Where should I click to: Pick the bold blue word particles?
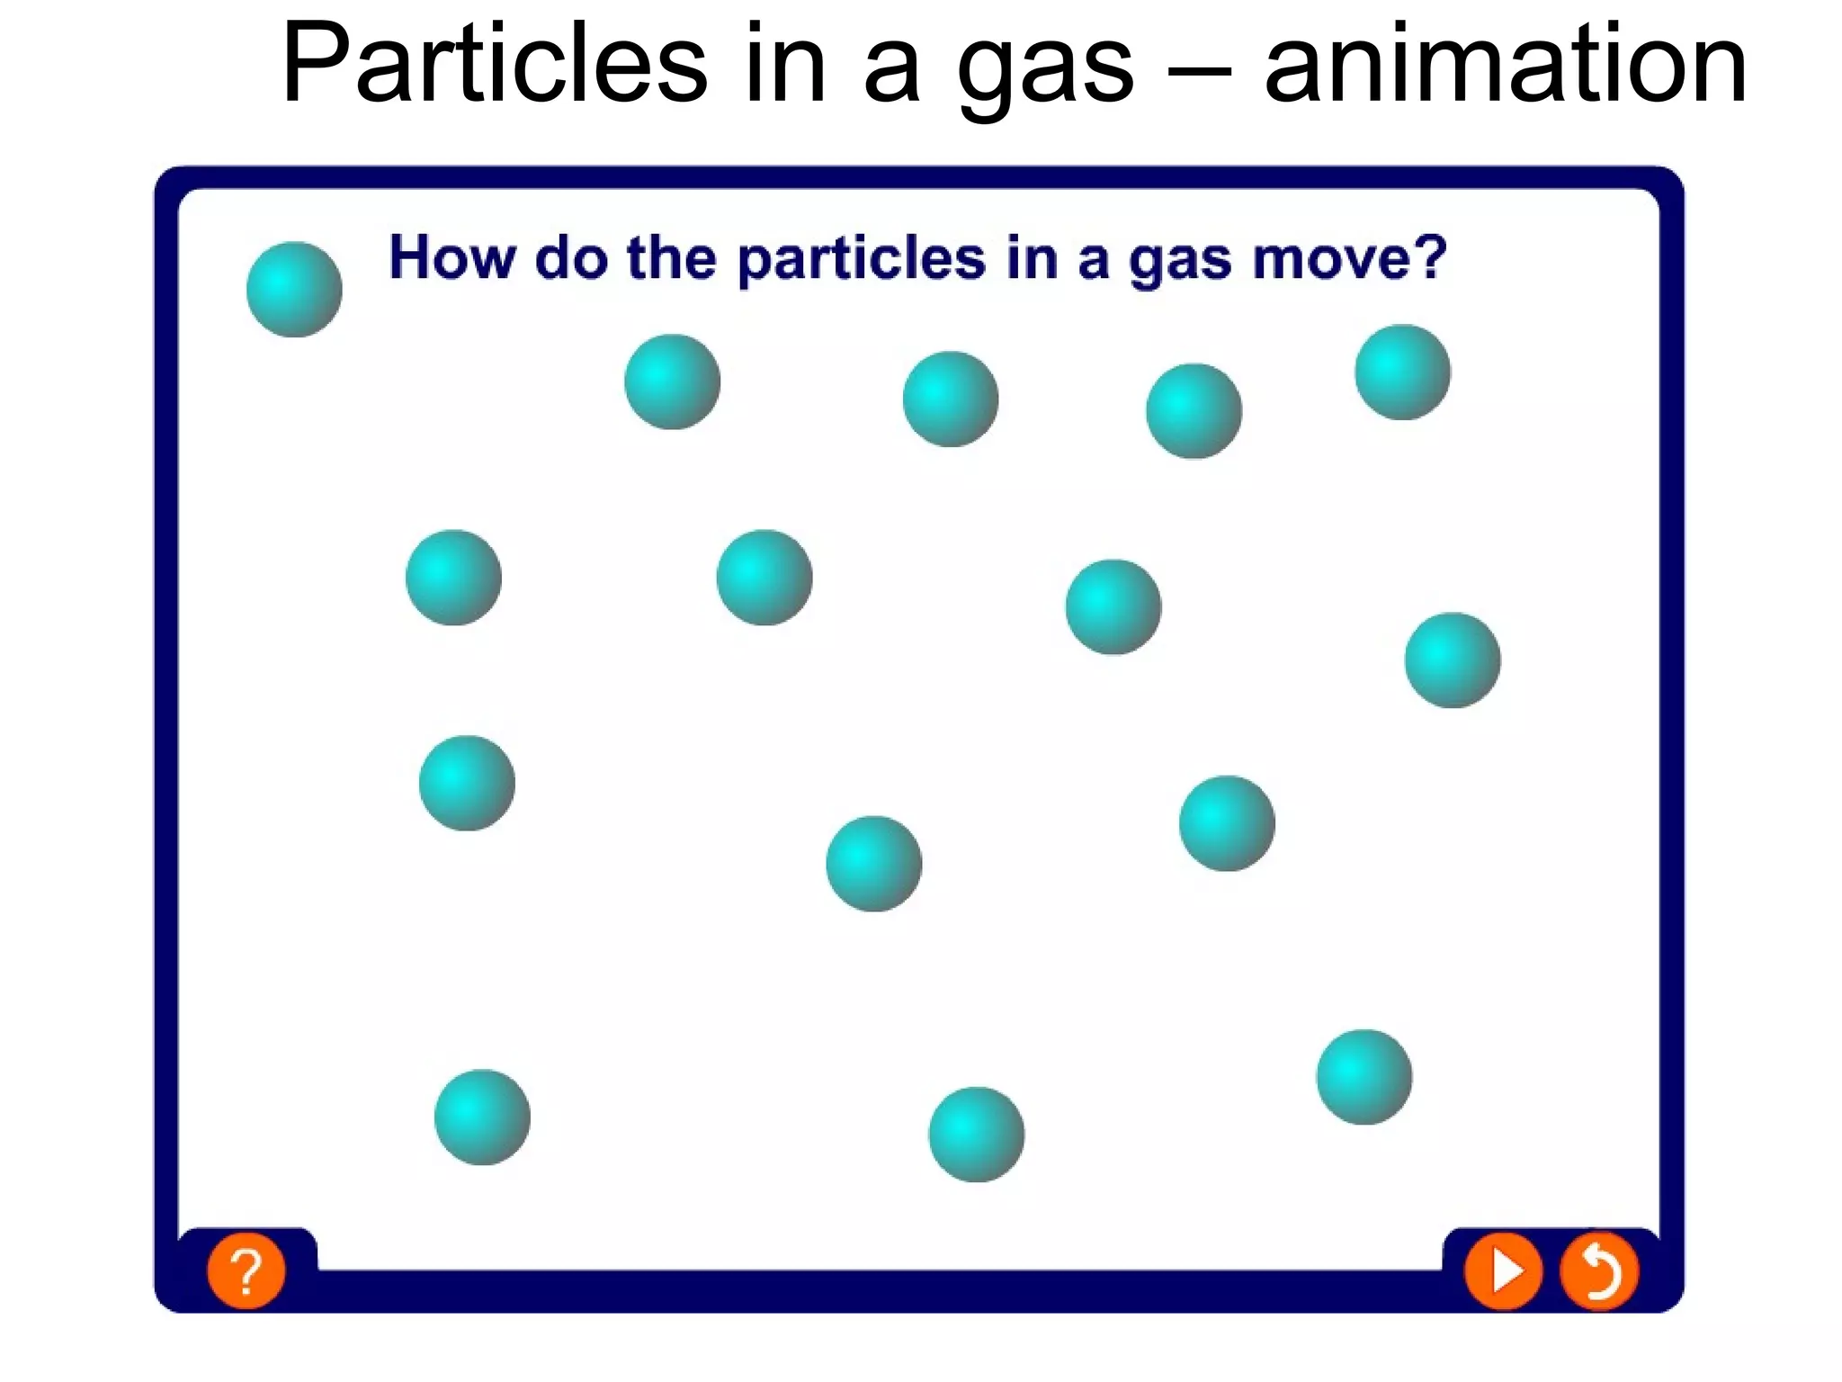tap(862, 261)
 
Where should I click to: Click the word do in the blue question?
tap(571, 258)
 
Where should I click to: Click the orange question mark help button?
tap(246, 1270)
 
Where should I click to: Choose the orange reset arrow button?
tap(1599, 1270)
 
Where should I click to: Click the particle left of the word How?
tap(294, 290)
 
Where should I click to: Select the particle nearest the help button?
tap(482, 1117)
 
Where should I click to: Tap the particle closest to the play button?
tap(1364, 1077)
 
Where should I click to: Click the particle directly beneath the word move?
tap(1402, 372)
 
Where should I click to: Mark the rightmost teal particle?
tap(1452, 660)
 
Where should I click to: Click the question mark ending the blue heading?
tap(1429, 257)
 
